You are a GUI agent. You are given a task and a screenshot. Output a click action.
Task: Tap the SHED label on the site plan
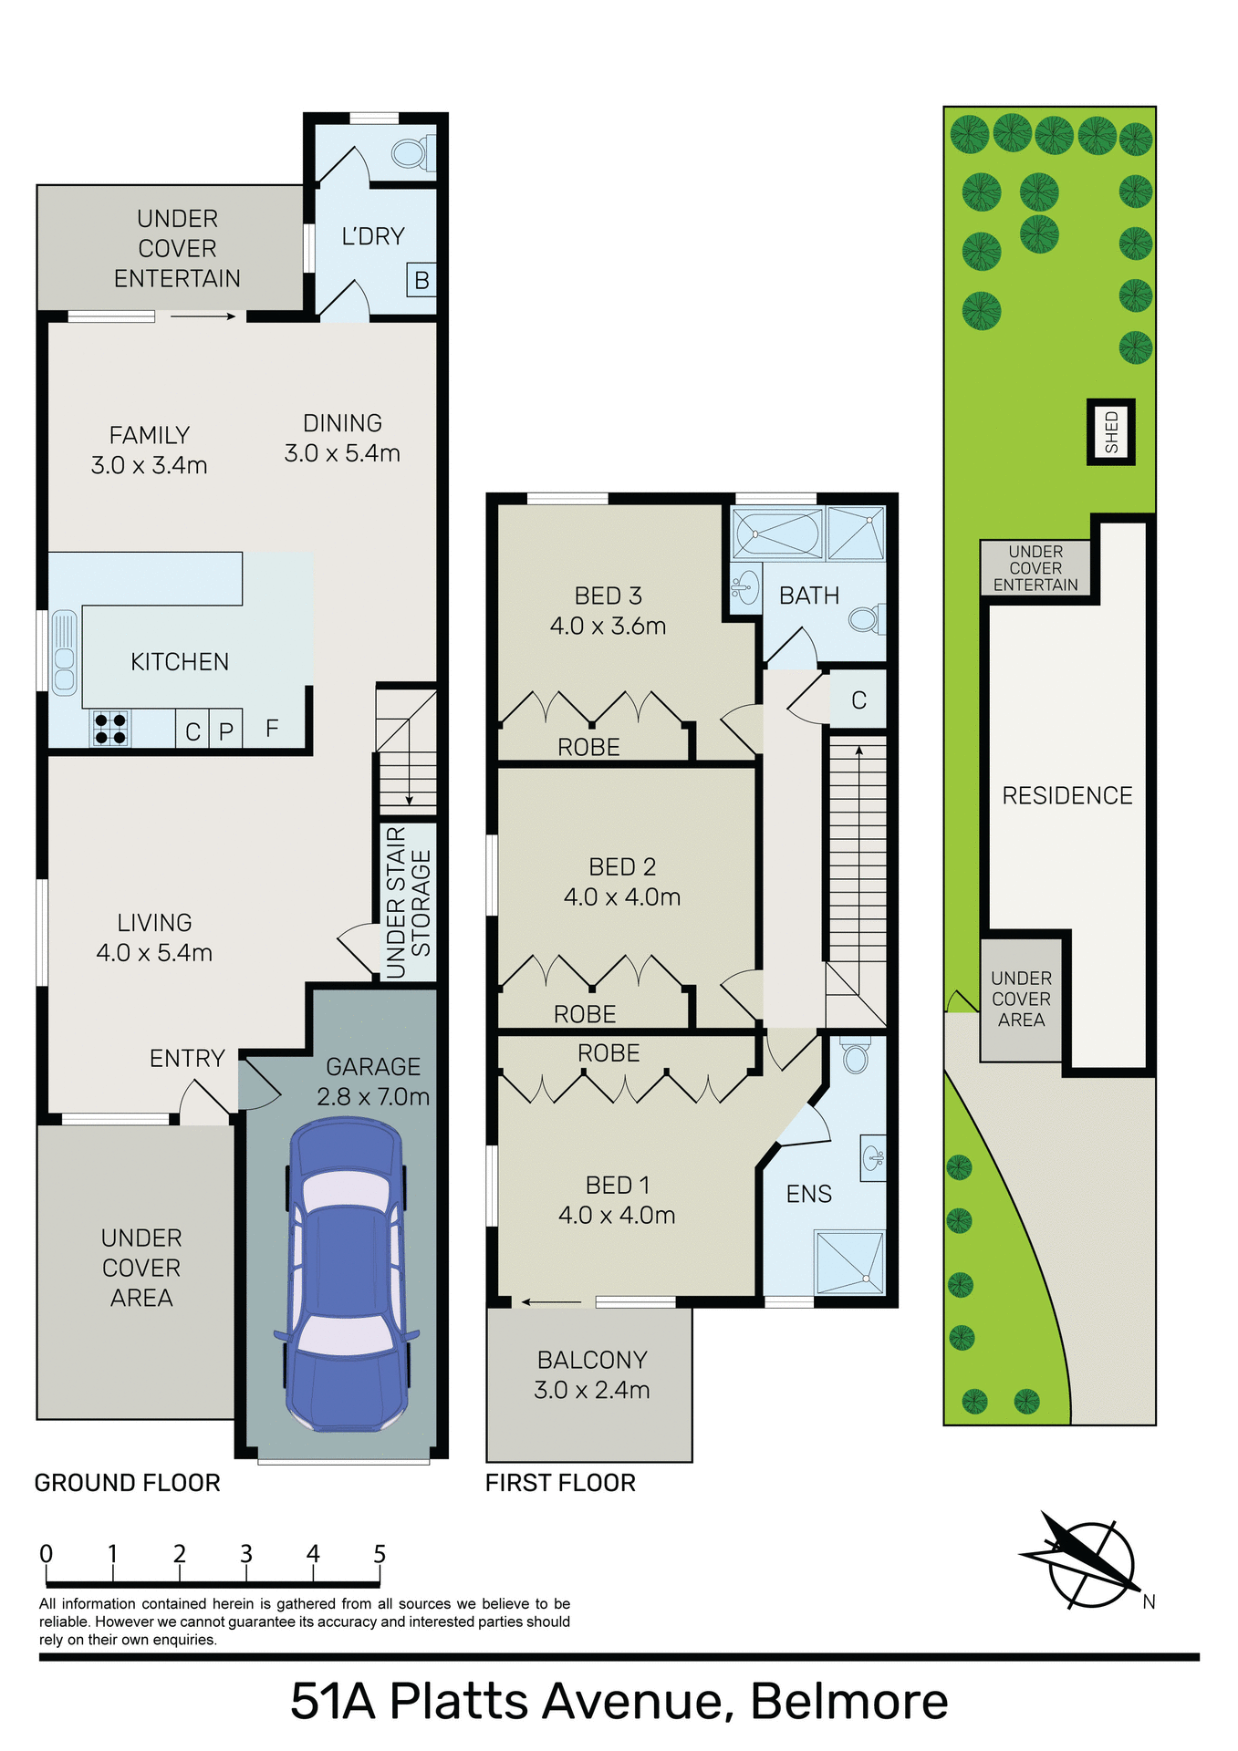pos(1111,431)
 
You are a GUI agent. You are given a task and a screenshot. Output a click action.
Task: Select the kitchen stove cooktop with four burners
pos(110,729)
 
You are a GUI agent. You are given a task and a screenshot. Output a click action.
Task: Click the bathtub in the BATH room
pos(778,533)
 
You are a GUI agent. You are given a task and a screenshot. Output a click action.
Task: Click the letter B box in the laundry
pos(421,280)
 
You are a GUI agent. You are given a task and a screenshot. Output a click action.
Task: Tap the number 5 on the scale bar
pos(380,1554)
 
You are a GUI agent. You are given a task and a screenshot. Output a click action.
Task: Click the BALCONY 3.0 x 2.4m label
pos(592,1374)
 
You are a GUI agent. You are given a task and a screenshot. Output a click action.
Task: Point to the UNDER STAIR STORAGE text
pos(408,903)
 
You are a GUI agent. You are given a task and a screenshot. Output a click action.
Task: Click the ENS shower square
pos(850,1262)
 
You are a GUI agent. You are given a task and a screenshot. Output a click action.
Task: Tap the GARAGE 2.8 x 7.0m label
pos(373,1081)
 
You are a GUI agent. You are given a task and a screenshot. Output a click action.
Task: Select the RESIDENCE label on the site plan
pos(1066,795)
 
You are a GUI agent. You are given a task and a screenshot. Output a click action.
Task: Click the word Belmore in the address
pos(848,1702)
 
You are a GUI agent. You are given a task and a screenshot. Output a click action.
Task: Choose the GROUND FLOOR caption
pos(127,1483)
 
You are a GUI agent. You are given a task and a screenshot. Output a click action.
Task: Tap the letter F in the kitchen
pos(272,728)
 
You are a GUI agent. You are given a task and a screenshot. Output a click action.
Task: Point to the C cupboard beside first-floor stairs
pos(858,700)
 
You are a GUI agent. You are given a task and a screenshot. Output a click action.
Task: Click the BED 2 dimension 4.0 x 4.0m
pos(622,897)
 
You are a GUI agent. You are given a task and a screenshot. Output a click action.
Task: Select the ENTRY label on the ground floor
pos(187,1058)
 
